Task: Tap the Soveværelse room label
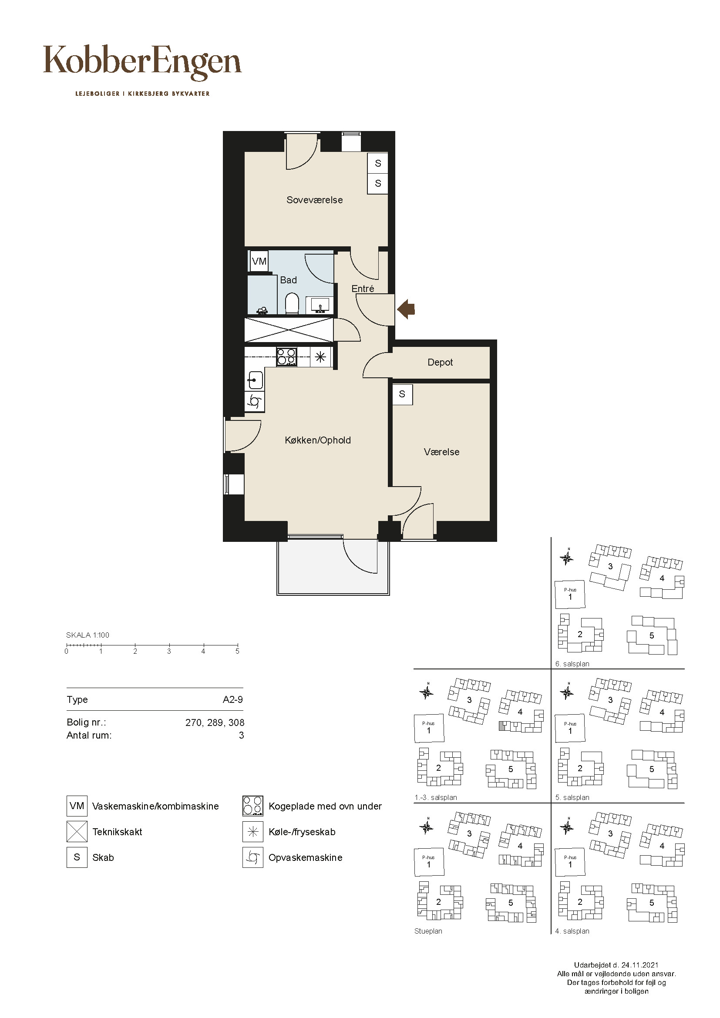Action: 314,200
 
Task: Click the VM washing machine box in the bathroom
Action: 259,261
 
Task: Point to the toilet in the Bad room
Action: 292,303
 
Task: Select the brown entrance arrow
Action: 406,309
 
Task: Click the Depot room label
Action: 440,362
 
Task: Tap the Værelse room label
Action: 441,452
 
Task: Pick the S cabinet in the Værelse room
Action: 402,394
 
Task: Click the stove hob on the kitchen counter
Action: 287,357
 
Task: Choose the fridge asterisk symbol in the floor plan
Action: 320,356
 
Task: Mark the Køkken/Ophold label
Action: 317,440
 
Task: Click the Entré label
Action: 363,289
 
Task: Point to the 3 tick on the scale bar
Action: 169,646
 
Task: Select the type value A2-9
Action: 233,700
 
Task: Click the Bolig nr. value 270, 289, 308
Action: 215,722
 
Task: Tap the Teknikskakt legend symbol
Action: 77,832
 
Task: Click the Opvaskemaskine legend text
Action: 306,857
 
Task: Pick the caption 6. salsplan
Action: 572,664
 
